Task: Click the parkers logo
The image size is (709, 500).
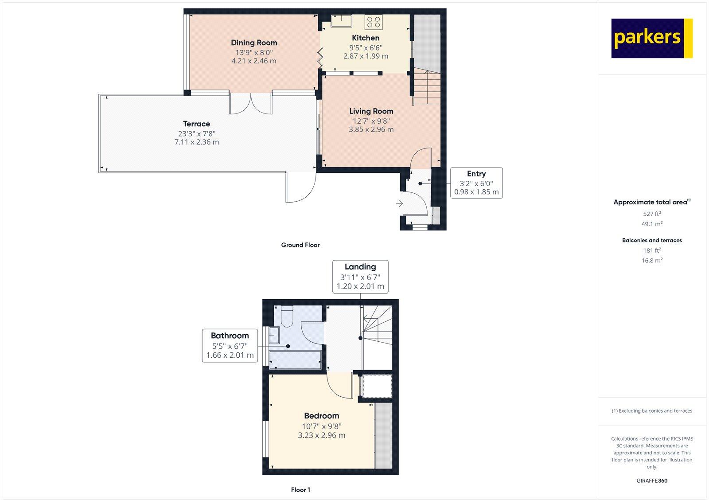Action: [651, 38]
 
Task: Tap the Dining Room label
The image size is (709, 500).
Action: [254, 43]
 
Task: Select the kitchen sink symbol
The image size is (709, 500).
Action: [341, 20]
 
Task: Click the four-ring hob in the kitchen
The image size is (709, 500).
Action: [374, 22]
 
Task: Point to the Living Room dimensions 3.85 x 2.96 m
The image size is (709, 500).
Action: [371, 129]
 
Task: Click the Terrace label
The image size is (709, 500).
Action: [196, 124]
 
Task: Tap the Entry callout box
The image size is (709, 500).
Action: [476, 183]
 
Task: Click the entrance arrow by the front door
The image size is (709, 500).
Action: [399, 204]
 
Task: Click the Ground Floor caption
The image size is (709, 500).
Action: [300, 245]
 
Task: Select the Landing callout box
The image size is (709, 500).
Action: [360, 277]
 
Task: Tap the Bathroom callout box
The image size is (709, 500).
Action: [230, 345]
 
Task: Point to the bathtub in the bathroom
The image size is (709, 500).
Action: [295, 359]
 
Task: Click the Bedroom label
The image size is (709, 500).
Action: [321, 416]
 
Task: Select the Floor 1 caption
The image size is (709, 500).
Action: [300, 490]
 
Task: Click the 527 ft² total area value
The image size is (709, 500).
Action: [652, 214]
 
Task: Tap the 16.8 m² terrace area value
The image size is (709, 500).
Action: [652, 261]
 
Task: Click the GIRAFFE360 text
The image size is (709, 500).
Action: [652, 480]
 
